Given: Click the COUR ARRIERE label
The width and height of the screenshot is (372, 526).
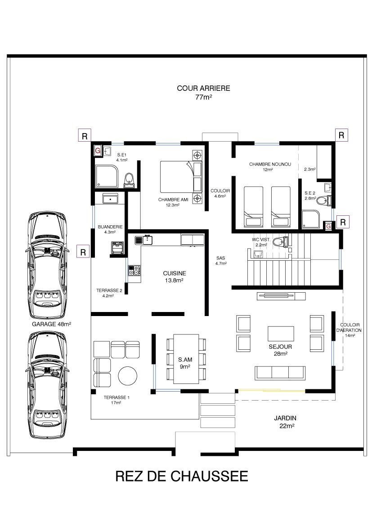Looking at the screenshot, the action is click(203, 88).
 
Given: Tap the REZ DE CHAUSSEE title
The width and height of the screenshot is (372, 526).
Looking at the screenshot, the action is click(182, 477).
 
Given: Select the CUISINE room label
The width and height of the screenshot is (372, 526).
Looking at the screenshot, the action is click(174, 273).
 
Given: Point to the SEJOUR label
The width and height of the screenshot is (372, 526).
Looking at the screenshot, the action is click(280, 347).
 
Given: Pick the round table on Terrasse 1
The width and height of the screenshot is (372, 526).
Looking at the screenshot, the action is click(128, 376).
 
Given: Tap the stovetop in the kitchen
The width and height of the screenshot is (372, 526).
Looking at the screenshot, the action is click(134, 270).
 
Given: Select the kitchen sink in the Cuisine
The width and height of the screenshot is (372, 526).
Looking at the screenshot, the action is click(143, 240).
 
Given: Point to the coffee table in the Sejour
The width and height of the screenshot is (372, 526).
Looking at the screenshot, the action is click(281, 334).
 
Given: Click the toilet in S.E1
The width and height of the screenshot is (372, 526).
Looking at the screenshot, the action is click(129, 180).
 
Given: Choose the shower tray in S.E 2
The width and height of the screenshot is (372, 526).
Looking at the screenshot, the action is click(311, 219).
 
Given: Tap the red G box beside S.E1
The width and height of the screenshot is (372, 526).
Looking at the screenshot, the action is click(98, 151).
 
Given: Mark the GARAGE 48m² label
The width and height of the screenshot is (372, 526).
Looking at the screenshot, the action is click(51, 324).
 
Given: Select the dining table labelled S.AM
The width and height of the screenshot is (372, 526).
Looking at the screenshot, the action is click(186, 359).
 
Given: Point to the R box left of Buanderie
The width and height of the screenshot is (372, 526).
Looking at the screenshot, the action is click(83, 252).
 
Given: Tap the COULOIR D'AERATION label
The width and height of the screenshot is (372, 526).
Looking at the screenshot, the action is click(350, 327).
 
